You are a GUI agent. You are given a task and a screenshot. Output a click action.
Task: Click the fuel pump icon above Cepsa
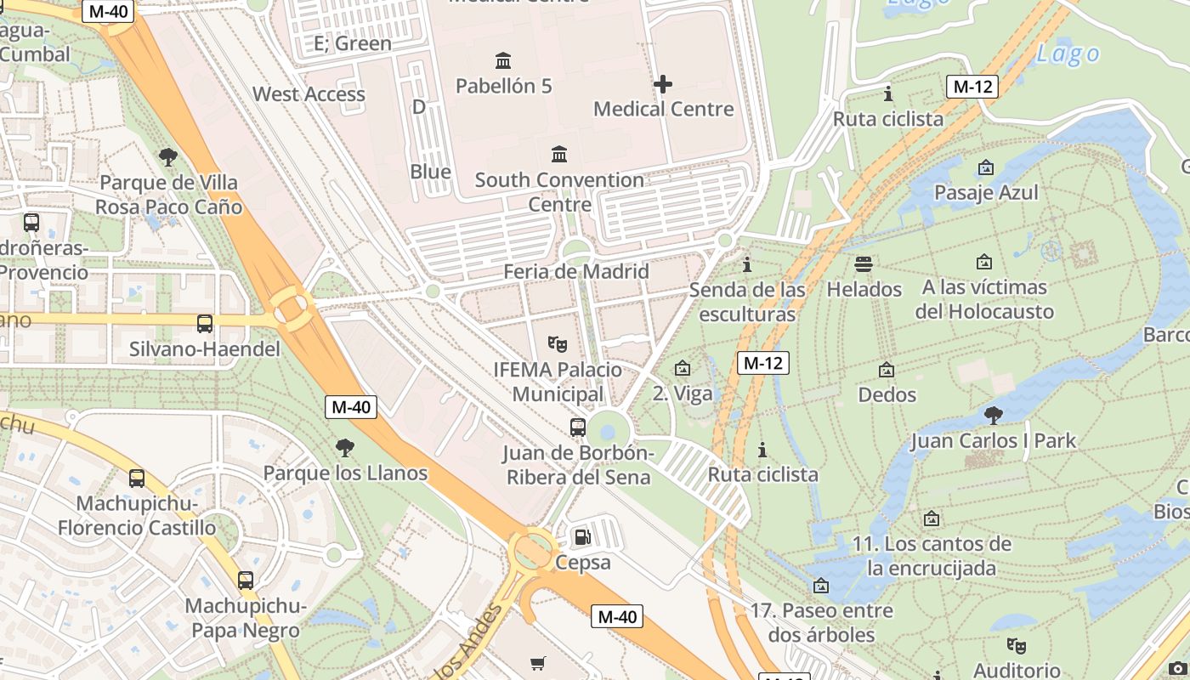tap(582, 536)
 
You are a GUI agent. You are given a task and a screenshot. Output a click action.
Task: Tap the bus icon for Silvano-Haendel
tap(205, 323)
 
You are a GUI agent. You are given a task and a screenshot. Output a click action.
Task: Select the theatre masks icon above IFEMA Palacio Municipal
tap(558, 343)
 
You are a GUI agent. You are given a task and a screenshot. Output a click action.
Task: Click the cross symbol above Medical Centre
tap(663, 83)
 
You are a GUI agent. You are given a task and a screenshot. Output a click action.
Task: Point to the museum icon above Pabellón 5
tap(503, 60)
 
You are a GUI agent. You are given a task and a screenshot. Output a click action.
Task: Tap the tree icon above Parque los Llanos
tap(345, 447)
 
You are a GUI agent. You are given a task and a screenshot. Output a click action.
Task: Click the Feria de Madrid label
tap(576, 272)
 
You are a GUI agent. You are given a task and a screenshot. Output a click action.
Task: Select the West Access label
tap(309, 94)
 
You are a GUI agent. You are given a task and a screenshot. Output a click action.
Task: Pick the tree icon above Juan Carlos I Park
tap(993, 415)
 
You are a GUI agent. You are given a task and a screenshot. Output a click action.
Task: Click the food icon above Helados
tap(864, 263)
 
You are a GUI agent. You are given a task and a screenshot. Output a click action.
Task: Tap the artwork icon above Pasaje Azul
tap(986, 167)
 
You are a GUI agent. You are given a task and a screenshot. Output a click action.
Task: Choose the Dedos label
tap(887, 394)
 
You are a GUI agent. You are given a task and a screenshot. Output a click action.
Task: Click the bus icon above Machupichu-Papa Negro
tap(246, 581)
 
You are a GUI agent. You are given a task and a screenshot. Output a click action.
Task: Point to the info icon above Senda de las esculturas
tap(747, 264)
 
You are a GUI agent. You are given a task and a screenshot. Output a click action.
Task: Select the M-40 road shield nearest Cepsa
tap(617, 616)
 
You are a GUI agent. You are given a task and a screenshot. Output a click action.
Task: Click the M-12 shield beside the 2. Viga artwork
tap(762, 363)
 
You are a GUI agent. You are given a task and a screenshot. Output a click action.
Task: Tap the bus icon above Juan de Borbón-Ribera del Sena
tap(578, 427)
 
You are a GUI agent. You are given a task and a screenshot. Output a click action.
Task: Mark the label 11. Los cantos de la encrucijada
tap(932, 556)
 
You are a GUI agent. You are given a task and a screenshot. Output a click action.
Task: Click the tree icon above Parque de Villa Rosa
tap(168, 156)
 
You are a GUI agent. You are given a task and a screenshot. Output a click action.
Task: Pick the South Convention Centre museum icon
tap(559, 154)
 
